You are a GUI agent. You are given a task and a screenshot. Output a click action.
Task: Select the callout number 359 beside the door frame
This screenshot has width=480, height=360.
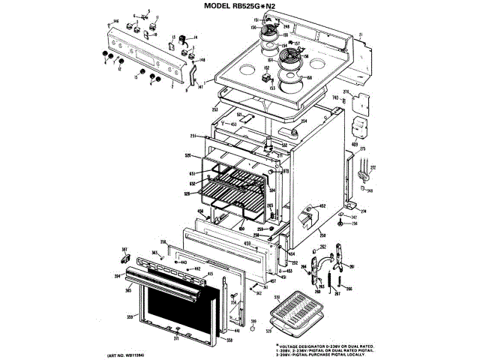130,319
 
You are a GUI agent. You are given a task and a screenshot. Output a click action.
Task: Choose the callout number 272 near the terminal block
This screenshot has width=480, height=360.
373,166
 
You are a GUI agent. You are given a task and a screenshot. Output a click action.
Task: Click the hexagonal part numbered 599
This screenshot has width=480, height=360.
253,328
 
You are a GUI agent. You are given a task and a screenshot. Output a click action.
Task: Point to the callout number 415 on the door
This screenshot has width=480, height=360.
210,275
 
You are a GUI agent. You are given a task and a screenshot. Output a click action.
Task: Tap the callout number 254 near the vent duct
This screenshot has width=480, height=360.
304,121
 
